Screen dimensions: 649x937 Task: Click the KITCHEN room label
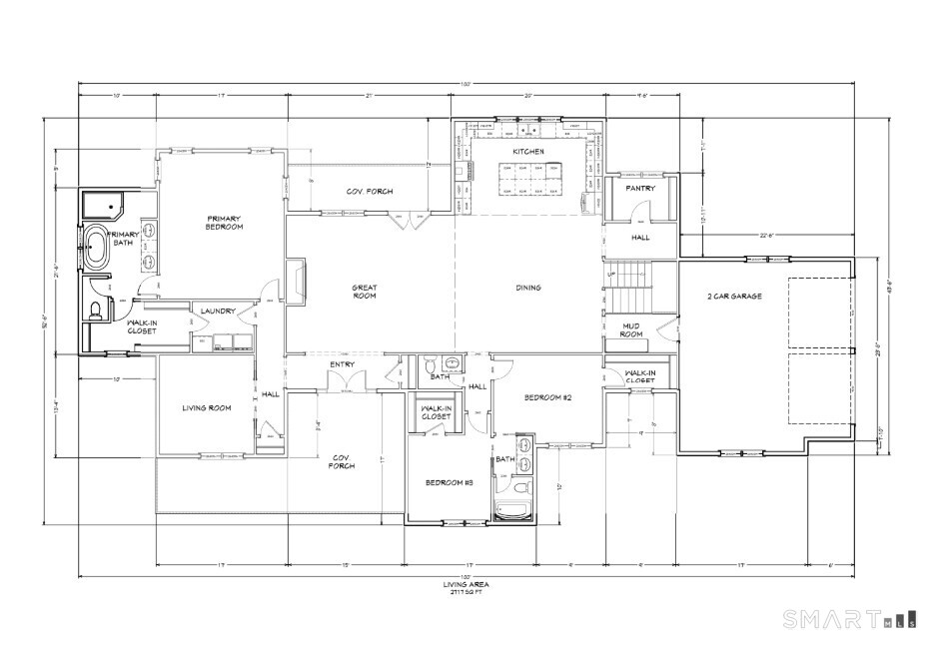(527, 151)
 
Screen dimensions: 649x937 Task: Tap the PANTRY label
(639, 188)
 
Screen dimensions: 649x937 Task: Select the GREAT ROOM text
(364, 291)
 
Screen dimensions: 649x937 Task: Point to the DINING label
(527, 288)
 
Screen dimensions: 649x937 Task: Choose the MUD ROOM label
(631, 329)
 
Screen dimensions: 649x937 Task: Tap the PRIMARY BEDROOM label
(225, 222)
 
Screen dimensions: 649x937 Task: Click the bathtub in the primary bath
(98, 248)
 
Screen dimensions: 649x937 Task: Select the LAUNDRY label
(217, 312)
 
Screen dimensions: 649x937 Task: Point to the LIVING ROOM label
(207, 407)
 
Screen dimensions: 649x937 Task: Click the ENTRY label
(343, 364)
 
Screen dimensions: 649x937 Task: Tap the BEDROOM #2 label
(547, 397)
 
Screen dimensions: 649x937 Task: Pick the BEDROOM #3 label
(449, 482)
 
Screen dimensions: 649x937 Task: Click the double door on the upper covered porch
(406, 221)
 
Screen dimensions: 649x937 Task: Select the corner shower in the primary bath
(101, 207)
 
